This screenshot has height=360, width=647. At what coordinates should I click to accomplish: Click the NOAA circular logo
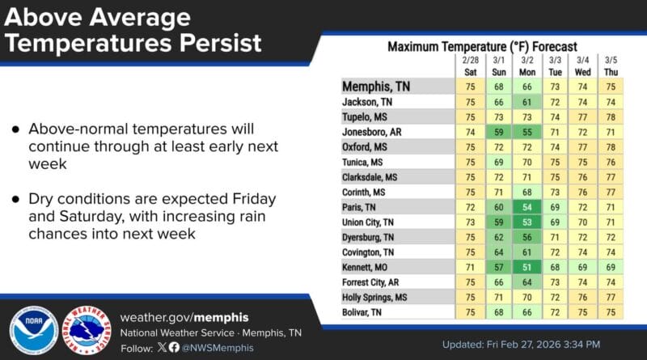[x=33, y=330]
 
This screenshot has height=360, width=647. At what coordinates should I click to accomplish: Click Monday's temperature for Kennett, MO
[x=527, y=268]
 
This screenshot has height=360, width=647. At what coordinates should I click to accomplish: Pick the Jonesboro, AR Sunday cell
[x=499, y=130]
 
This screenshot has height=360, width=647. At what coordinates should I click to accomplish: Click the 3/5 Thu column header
[x=611, y=66]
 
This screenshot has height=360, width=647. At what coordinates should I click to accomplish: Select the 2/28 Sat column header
[x=470, y=66]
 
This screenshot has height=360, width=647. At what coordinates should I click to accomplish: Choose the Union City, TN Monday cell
[x=527, y=222]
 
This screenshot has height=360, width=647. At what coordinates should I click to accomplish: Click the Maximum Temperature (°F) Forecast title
[x=482, y=47]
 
